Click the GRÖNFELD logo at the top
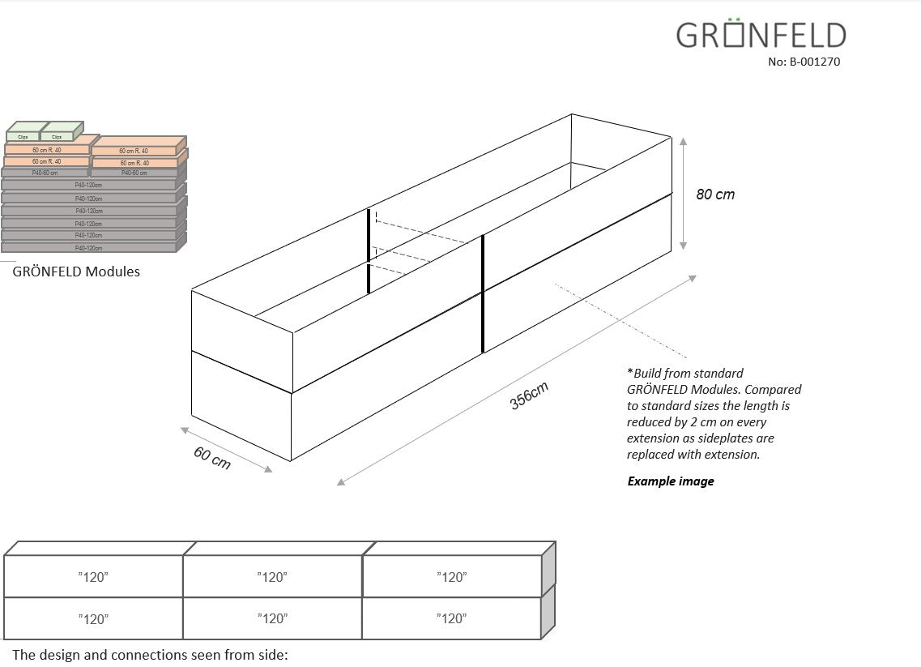click(x=761, y=36)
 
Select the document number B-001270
click(x=804, y=61)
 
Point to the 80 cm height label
click(x=715, y=195)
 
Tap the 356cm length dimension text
click(x=530, y=395)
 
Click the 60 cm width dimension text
click(x=212, y=458)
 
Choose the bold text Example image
click(x=670, y=481)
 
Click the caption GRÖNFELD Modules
click(x=76, y=272)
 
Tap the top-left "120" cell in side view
click(x=93, y=577)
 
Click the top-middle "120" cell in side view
click(x=272, y=577)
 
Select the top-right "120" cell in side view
click(x=451, y=577)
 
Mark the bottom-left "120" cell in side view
click(x=93, y=619)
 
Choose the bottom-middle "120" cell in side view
click(x=272, y=619)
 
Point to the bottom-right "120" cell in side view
click(x=451, y=619)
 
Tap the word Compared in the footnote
click(x=774, y=390)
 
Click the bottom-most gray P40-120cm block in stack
click(x=88, y=247)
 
